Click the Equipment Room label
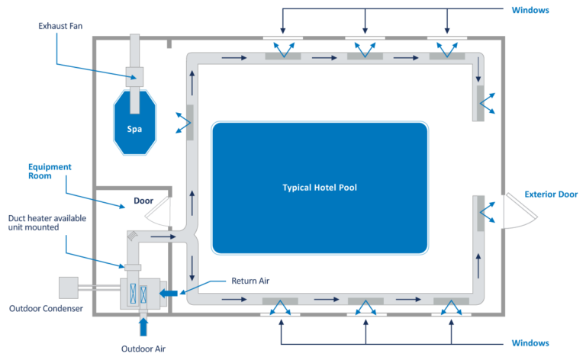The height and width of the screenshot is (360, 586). [50, 172]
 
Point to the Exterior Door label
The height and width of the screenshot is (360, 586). [551, 194]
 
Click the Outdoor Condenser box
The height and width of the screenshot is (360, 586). [68, 287]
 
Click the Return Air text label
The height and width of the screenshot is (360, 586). [250, 281]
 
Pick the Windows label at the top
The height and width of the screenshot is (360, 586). [530, 10]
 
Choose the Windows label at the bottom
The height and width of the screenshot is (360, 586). [530, 343]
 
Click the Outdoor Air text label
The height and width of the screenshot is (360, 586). [143, 349]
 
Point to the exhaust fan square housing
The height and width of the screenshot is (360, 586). [135, 75]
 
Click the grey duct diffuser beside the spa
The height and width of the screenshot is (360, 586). [189, 122]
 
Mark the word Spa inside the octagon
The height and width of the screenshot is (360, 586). [135, 129]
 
